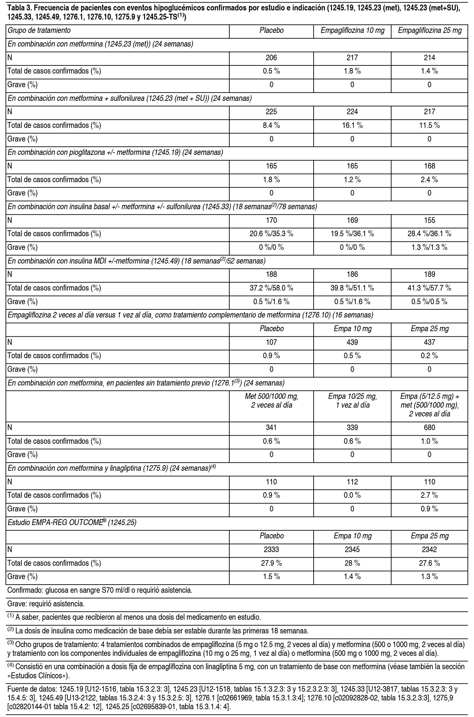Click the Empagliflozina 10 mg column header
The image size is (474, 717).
point(352,31)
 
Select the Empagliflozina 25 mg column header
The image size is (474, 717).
point(429,31)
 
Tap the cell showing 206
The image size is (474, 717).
point(271,58)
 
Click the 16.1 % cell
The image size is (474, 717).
point(352,125)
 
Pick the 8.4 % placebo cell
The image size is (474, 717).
point(271,125)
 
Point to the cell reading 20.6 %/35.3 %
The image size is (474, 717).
point(271,234)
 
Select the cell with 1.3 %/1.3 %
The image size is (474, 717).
point(429,247)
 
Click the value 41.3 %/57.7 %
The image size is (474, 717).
point(429,288)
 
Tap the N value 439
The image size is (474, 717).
point(352,342)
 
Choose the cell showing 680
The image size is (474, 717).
point(429,427)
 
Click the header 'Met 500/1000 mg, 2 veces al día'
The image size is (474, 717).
point(271,401)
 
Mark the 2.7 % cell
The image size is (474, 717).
point(429,495)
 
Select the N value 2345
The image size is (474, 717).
point(352,549)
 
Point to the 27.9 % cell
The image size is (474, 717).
point(271,563)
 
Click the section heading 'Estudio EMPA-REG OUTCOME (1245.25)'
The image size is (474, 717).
point(72,522)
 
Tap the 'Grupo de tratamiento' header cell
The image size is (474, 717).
point(39,31)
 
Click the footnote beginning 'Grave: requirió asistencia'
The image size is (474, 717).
point(46,604)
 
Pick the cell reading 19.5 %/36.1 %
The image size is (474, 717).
point(352,234)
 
